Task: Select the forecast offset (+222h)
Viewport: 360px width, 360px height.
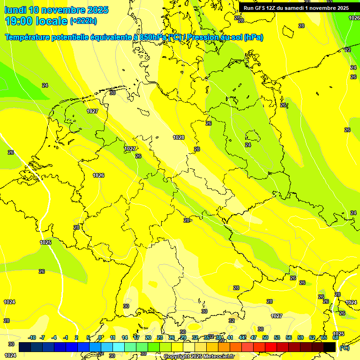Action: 83,21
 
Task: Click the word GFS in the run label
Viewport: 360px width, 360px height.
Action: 261,8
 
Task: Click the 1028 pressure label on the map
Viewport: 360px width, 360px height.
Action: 179,137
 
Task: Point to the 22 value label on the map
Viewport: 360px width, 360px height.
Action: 348,50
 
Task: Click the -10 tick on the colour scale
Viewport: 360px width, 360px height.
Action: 32,337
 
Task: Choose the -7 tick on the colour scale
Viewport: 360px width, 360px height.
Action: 42,337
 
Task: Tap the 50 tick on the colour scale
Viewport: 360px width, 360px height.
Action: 265,337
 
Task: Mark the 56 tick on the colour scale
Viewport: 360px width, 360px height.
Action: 289,337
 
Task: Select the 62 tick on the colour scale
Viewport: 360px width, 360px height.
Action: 312,337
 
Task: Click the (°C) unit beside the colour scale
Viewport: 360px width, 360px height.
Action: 344,348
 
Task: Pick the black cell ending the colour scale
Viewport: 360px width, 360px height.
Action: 330,347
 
